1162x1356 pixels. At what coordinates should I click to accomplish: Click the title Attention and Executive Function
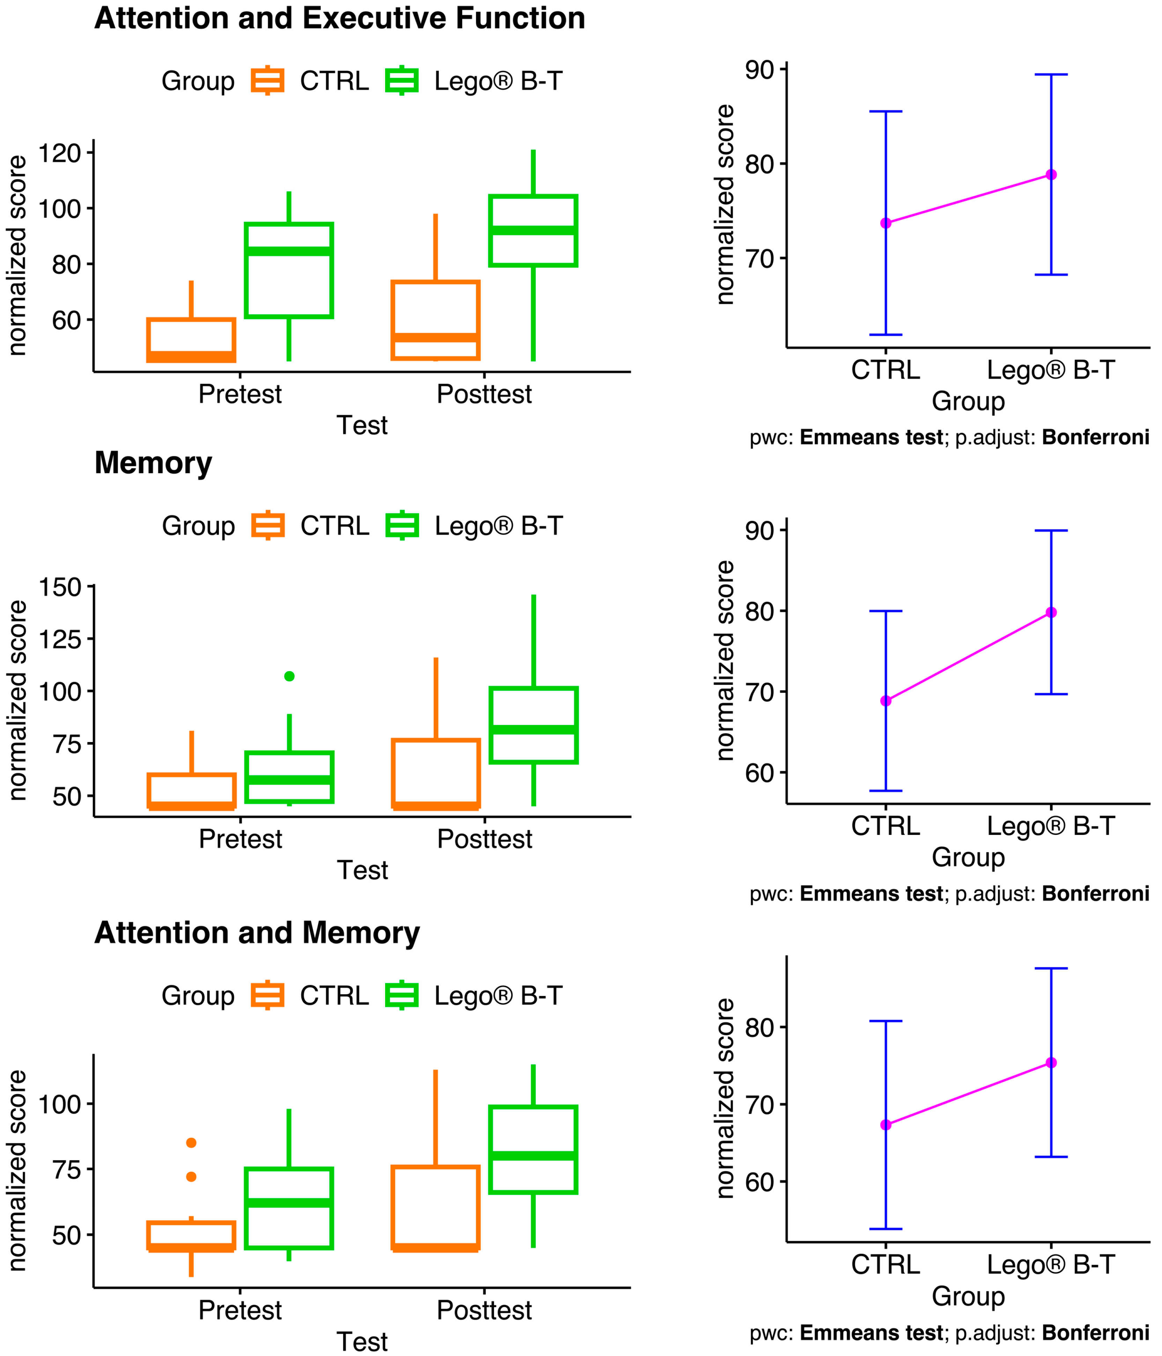tap(340, 18)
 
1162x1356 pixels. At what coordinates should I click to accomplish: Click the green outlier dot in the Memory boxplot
tap(289, 676)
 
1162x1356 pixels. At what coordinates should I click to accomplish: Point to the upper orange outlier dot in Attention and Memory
tap(191, 1143)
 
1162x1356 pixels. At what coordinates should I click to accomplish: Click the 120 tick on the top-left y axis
tap(60, 153)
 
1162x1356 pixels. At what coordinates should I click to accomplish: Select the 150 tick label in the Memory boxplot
tap(60, 587)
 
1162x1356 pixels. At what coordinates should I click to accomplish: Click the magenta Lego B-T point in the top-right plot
tap(1051, 175)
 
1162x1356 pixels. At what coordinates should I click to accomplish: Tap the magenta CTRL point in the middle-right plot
tap(886, 701)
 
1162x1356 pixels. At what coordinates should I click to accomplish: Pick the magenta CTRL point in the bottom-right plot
tap(886, 1125)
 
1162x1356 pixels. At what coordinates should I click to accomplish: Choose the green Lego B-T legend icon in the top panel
tap(402, 81)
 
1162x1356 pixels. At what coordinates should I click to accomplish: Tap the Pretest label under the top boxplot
tap(240, 394)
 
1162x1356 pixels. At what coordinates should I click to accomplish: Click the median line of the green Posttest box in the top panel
tap(533, 230)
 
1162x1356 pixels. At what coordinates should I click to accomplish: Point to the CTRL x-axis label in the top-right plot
tap(885, 371)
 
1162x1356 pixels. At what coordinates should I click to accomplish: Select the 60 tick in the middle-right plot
tap(759, 773)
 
